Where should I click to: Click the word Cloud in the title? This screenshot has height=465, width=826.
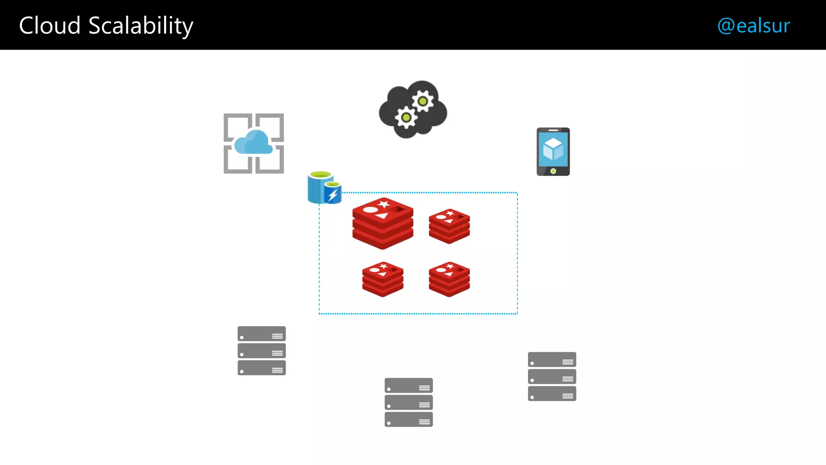pyautogui.click(x=50, y=26)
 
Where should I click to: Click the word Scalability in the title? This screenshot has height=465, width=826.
pyautogui.click(x=141, y=26)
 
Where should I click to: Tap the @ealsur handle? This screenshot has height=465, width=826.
pyautogui.click(x=753, y=26)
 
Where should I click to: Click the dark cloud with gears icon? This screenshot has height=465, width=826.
pyautogui.click(x=413, y=109)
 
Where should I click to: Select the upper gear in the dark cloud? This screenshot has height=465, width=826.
pyautogui.click(x=422, y=101)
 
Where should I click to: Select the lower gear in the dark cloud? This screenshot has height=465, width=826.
pyautogui.click(x=406, y=117)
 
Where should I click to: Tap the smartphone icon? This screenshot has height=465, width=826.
pyautogui.click(x=553, y=152)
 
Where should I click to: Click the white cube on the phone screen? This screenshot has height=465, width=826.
pyautogui.click(x=553, y=149)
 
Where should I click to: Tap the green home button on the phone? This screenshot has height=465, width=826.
pyautogui.click(x=553, y=171)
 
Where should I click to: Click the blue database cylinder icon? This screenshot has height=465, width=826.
pyautogui.click(x=321, y=187)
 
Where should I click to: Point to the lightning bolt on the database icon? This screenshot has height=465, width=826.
pyautogui.click(x=333, y=195)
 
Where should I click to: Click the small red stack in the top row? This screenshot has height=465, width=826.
pyautogui.click(x=449, y=226)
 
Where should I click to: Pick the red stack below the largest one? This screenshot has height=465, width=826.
pyautogui.click(x=383, y=279)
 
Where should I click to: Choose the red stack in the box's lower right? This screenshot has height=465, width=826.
pyautogui.click(x=449, y=279)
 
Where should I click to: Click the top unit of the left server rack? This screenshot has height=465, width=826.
pyautogui.click(x=261, y=334)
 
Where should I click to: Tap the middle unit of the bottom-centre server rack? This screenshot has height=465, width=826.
pyautogui.click(x=409, y=402)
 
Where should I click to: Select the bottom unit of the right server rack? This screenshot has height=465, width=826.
pyautogui.click(x=552, y=394)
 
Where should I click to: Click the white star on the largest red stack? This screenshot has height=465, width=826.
pyautogui.click(x=384, y=204)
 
